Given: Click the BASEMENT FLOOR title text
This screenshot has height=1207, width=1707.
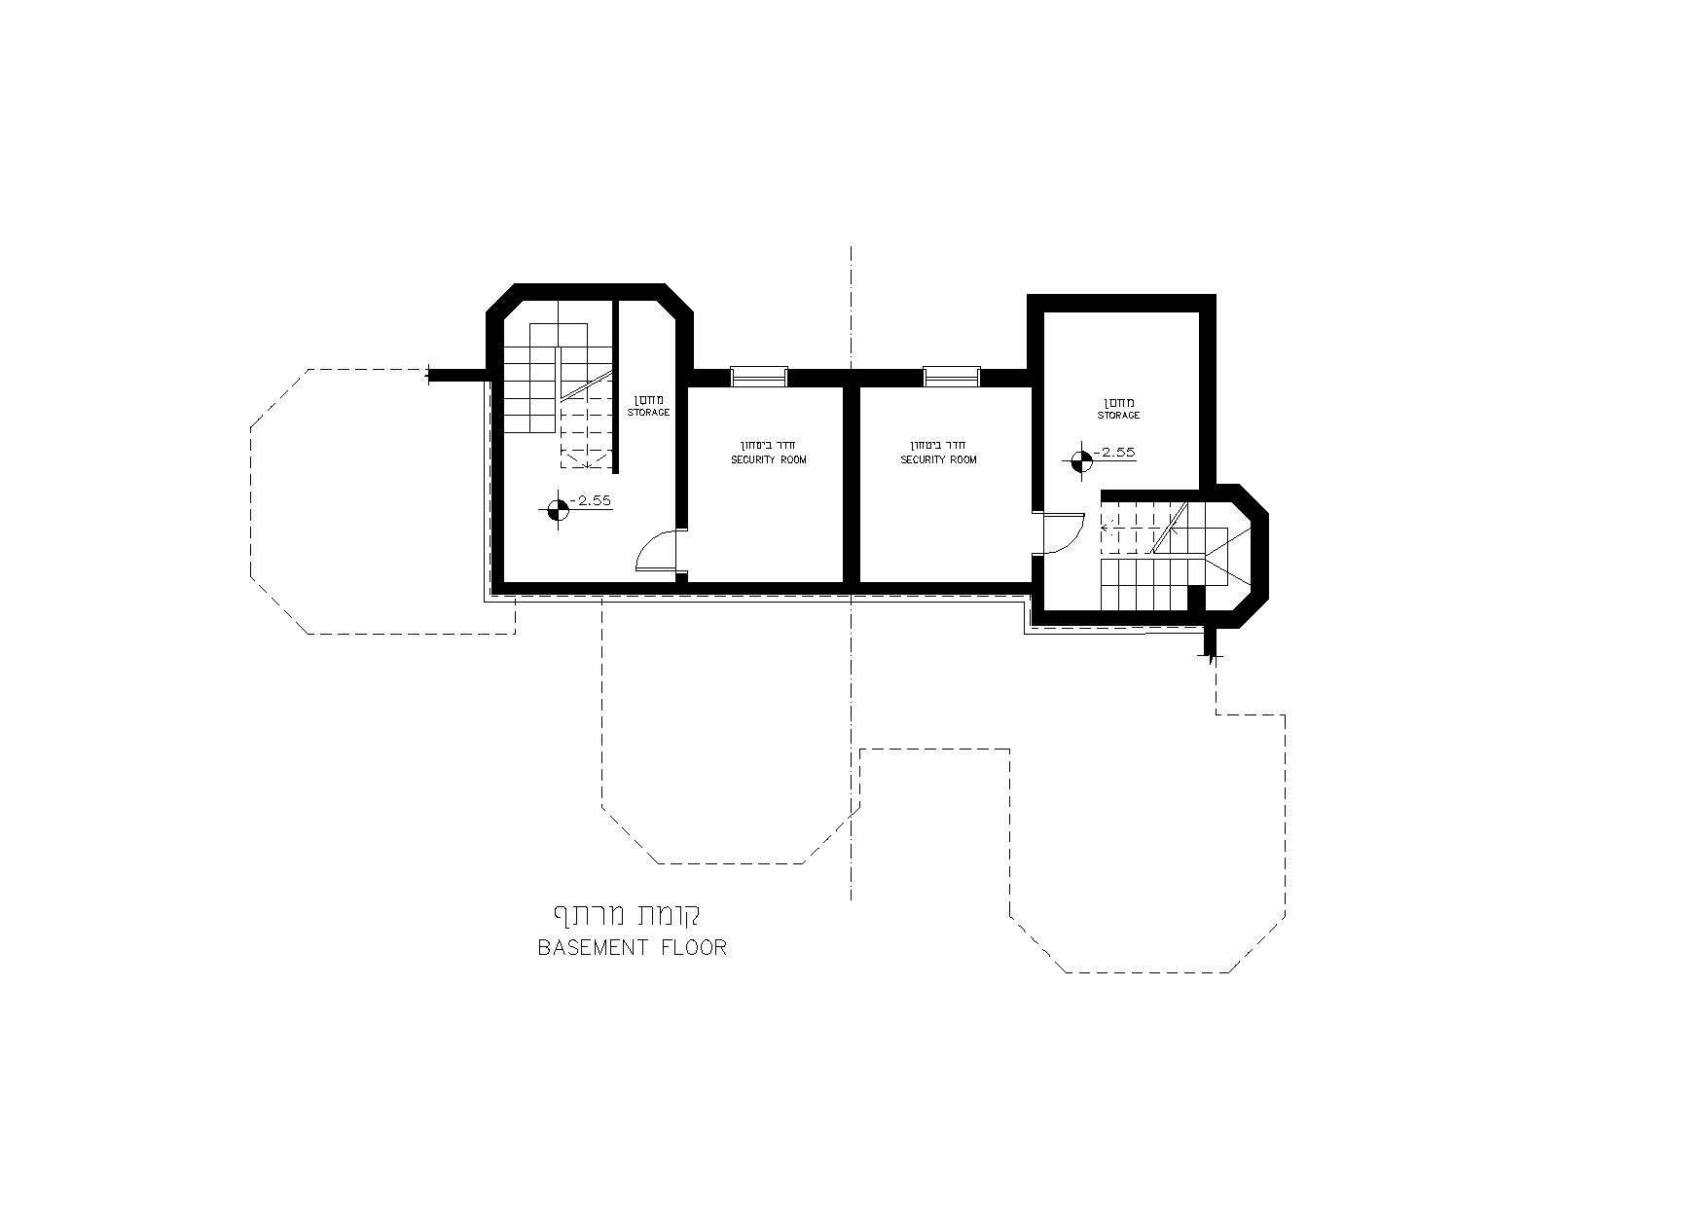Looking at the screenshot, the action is click(x=633, y=947).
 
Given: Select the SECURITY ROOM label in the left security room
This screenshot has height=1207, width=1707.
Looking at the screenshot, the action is click(x=769, y=459).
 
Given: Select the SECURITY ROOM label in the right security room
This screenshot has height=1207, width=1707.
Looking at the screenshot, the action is click(x=938, y=459).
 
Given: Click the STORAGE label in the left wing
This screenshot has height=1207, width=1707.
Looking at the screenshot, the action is click(x=648, y=413).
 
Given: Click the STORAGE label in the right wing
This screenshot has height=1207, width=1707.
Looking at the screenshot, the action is click(x=1119, y=416).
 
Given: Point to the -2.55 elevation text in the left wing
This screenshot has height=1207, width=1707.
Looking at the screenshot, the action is click(x=590, y=500).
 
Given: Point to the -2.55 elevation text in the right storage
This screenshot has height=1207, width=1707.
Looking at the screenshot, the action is click(x=1114, y=453).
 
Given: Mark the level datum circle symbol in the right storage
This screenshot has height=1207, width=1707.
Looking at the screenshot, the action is click(x=1080, y=461).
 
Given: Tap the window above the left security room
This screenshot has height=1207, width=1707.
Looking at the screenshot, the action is click(x=759, y=375).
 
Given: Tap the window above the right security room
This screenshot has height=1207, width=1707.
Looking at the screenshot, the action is click(x=952, y=375).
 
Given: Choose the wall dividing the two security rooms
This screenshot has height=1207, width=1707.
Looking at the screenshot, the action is click(x=851, y=483).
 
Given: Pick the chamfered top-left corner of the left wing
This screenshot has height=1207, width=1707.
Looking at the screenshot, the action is click(x=501, y=298).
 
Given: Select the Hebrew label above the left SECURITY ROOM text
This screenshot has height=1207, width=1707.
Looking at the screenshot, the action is click(x=769, y=445).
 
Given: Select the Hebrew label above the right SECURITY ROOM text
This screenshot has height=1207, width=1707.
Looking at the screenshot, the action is click(x=938, y=445).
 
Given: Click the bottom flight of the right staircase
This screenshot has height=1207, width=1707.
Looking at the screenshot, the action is click(x=1144, y=582).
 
